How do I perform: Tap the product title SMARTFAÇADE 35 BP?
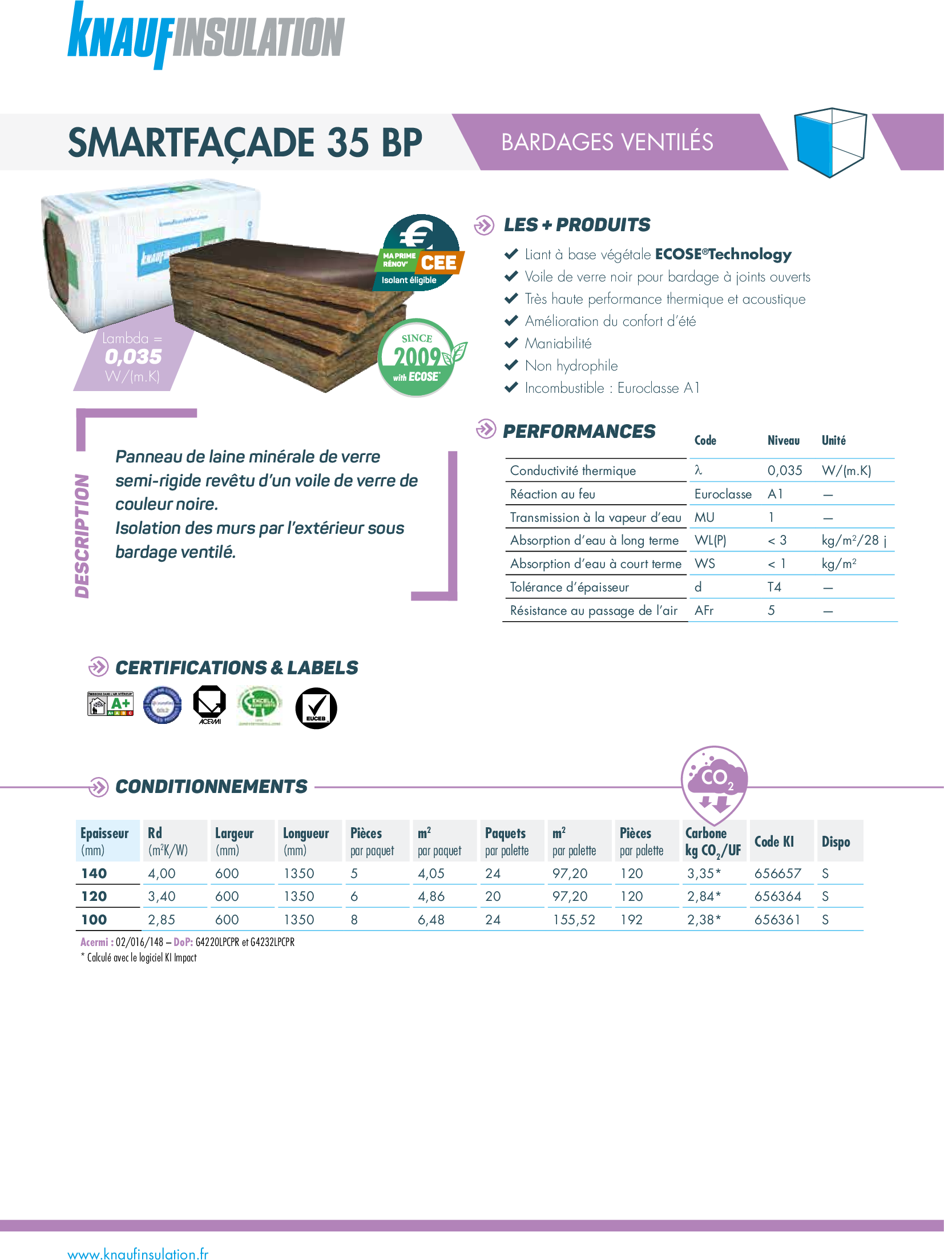click(x=245, y=143)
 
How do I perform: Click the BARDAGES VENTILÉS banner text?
click(x=607, y=142)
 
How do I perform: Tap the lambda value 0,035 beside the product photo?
click(x=134, y=357)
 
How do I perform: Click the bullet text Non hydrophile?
click(x=571, y=366)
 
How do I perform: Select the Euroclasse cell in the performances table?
click(x=723, y=494)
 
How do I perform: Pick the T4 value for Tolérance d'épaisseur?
click(x=774, y=587)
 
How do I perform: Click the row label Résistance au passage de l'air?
click(x=594, y=611)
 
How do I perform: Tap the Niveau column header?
click(x=783, y=441)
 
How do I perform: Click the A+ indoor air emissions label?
click(x=111, y=704)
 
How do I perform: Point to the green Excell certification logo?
click(x=259, y=706)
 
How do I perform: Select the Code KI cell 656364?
click(x=777, y=896)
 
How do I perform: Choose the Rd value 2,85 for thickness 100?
click(x=162, y=920)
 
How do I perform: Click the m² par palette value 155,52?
click(x=574, y=920)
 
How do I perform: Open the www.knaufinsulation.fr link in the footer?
click(x=138, y=1254)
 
